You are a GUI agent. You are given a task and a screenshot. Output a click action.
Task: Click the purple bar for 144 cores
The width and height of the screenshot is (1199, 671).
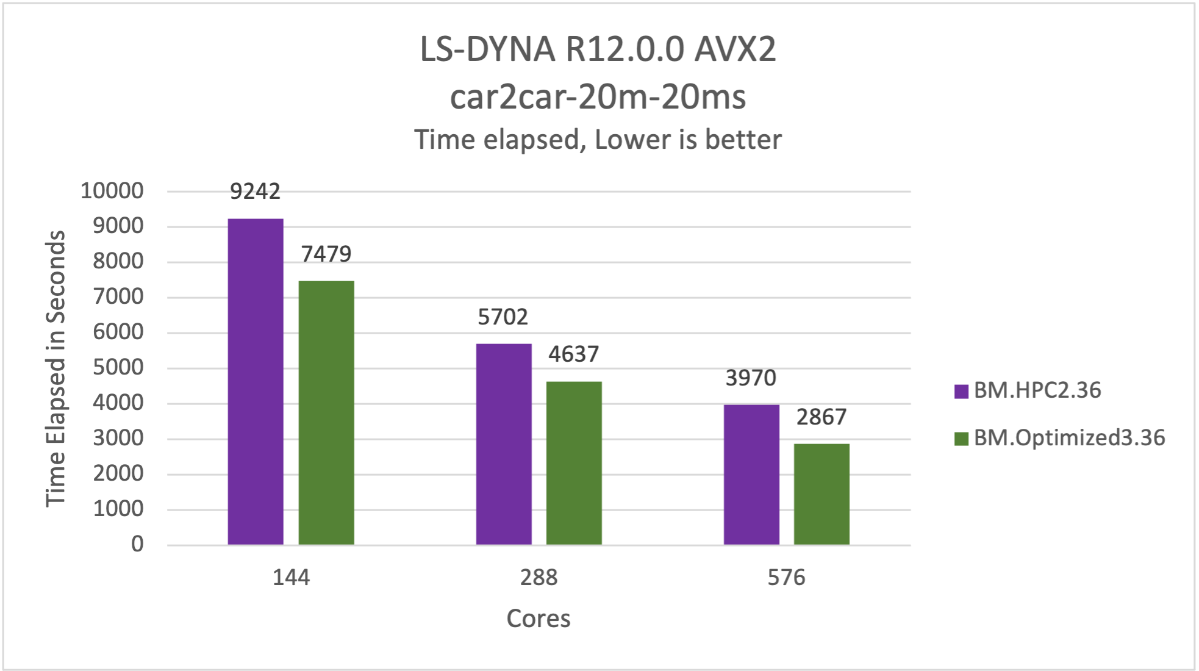click(256, 381)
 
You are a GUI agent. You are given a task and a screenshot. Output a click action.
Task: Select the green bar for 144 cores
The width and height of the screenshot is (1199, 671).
click(326, 412)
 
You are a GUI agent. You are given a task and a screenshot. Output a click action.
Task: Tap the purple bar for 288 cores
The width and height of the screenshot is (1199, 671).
click(504, 444)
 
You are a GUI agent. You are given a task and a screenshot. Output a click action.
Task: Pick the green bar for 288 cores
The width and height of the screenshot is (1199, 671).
click(574, 463)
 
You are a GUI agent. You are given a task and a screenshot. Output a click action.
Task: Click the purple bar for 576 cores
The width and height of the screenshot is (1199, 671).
click(751, 475)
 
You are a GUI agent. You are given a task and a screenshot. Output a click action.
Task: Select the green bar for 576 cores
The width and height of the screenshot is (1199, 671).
click(821, 494)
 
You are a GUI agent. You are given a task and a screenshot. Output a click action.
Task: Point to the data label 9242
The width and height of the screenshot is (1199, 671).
click(255, 192)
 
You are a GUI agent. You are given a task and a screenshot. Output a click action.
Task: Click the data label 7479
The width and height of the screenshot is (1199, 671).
click(326, 254)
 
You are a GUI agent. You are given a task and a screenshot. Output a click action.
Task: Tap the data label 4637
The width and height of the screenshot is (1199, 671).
click(573, 354)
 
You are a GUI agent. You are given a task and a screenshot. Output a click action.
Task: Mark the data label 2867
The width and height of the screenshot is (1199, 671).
click(821, 417)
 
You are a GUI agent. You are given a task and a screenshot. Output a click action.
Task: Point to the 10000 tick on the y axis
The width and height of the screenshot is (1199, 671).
click(112, 191)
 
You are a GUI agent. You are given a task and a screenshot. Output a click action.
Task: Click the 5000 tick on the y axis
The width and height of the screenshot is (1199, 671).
click(118, 368)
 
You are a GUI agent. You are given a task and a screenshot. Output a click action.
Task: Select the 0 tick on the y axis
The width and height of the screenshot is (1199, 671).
click(137, 544)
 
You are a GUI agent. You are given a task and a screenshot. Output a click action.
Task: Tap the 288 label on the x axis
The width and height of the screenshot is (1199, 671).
click(539, 577)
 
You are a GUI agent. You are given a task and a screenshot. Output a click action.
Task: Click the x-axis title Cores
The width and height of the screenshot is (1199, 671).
click(538, 619)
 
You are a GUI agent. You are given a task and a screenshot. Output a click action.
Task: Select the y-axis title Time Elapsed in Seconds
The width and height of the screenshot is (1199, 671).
click(55, 368)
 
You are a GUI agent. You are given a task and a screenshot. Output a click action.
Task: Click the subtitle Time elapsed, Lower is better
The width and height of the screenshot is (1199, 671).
click(598, 140)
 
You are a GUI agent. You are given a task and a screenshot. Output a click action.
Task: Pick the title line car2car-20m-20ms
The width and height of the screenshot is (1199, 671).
click(598, 97)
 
